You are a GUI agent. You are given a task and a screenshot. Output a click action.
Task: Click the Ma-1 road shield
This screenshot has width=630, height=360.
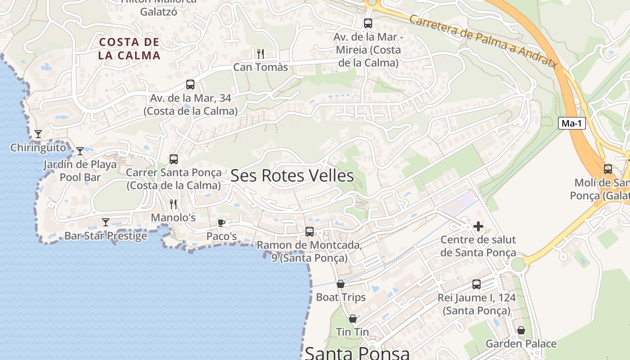[x=572, y=123]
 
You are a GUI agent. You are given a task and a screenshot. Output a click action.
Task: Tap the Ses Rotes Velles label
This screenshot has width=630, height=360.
[x=292, y=176]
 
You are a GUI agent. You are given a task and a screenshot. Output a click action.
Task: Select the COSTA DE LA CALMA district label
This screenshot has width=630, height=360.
[x=130, y=49]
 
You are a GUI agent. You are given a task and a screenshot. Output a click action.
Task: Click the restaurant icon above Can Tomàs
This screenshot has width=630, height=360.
[x=260, y=54]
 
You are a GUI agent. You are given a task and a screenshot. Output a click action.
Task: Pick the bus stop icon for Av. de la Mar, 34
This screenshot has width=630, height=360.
[x=190, y=85]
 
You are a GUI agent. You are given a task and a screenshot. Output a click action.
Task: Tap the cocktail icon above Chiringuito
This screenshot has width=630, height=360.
[x=38, y=134]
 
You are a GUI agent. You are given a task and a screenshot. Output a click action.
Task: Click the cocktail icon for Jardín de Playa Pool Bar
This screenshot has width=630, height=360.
[x=80, y=151]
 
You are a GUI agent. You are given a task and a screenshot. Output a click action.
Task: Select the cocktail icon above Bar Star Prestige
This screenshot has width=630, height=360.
[x=106, y=222]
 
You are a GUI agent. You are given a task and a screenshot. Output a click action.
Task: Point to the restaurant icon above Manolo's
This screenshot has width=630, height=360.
[x=173, y=204]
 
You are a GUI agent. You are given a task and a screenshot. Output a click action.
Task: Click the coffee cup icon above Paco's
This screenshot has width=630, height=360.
[x=221, y=223]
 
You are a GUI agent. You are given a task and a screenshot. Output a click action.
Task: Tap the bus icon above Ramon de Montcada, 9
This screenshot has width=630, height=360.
[x=310, y=232]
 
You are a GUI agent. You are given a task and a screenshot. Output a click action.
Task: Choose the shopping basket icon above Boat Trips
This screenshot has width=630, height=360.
[x=341, y=284]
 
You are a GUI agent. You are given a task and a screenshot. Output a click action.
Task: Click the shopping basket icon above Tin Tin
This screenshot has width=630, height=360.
[x=353, y=319]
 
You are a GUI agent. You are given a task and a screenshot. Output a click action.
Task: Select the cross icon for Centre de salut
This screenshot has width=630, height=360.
[x=478, y=226]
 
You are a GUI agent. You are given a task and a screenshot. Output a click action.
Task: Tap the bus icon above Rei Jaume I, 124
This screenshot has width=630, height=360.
[x=477, y=284]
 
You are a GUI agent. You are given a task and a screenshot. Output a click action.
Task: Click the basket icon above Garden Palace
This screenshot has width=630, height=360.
[x=521, y=330]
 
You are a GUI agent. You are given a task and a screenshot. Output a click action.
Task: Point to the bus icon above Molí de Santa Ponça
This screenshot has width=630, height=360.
[x=607, y=169]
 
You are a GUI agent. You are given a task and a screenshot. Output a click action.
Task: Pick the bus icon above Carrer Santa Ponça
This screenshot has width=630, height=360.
[x=174, y=159]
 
